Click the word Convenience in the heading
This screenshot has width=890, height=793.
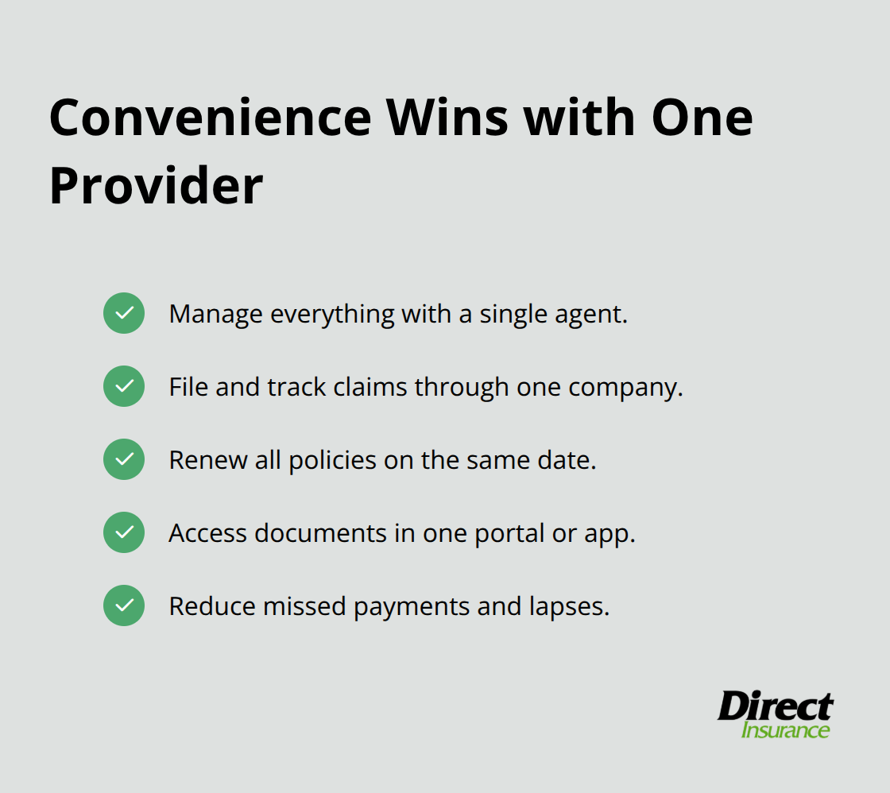coord(210,118)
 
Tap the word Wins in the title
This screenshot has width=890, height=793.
coord(447,118)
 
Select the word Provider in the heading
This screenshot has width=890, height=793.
coord(156,186)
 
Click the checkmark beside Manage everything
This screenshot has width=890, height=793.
coord(124,313)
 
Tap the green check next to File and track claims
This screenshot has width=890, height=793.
coord(124,386)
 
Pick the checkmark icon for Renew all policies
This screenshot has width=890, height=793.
coord(124,459)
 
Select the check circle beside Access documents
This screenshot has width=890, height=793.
coord(124,532)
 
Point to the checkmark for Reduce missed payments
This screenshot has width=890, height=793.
coord(124,605)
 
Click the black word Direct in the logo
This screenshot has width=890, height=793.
coord(775,706)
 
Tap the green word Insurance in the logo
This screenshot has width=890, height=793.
coord(785,730)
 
